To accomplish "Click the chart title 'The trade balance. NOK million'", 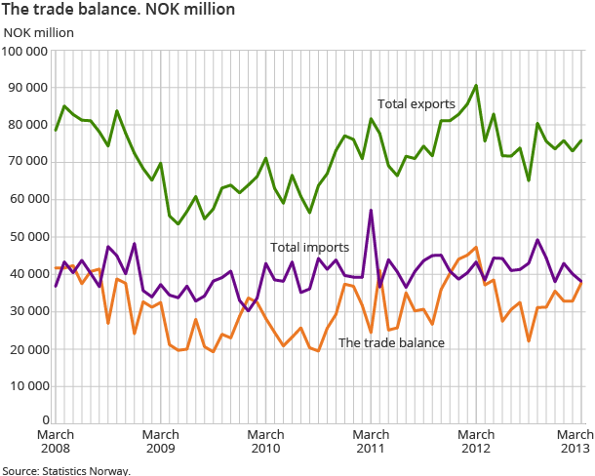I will click(118, 10).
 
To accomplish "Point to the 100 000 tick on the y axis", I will click(26, 51).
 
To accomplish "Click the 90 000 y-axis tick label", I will click(29, 88).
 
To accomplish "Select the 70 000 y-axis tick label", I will click(29, 162).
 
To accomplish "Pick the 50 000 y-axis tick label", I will click(29, 236).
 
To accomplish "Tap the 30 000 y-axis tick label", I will click(29, 310).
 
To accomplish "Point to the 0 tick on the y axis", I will click(45, 421).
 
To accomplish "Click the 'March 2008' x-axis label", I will click(56, 442).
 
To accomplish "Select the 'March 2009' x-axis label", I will click(161, 442).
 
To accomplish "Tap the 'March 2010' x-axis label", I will click(265, 442).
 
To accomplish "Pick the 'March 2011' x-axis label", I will click(371, 442).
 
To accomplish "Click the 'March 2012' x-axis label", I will click(476, 442).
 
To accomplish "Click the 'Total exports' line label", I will click(416, 103).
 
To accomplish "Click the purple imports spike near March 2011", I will click(371, 211).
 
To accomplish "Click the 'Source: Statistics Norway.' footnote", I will click(65, 469).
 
